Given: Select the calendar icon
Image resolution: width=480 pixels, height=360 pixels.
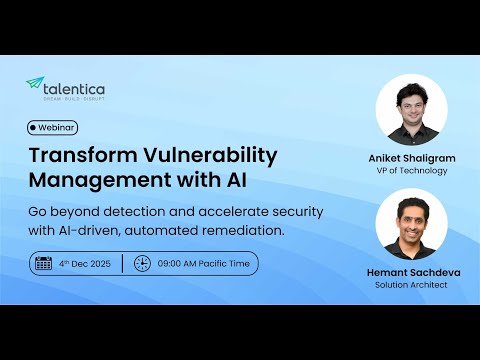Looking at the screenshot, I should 43,264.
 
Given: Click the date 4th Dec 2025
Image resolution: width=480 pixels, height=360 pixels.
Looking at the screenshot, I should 86,264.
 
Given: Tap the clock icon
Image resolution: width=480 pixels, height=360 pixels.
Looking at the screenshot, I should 142,264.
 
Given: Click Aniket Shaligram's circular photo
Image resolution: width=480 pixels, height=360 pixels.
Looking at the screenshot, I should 411,111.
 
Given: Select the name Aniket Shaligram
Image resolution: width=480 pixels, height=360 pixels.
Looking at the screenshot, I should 411,158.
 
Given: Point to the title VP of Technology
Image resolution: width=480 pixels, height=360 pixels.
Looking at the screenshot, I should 411,171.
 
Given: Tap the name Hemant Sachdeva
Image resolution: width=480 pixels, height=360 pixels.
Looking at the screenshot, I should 411,273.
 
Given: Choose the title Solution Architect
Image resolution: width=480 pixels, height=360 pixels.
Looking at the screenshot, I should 411,286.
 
